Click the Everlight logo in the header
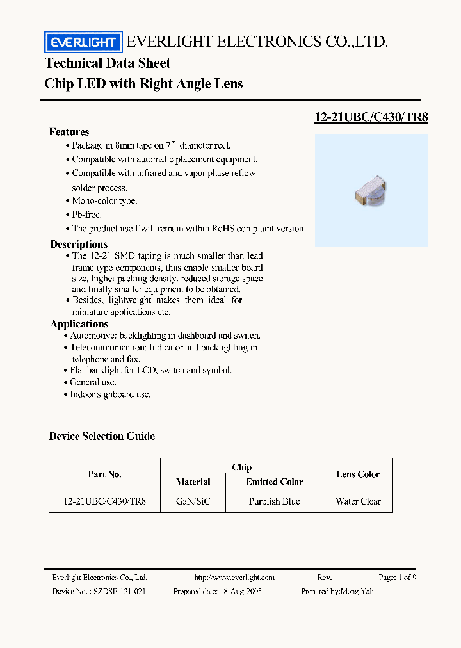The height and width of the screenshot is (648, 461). pyautogui.click(x=83, y=42)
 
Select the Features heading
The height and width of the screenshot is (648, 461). pyautogui.click(x=69, y=132)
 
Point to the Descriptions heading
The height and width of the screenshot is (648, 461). pyautogui.click(x=79, y=245)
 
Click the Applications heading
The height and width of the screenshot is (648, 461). pyautogui.click(x=79, y=324)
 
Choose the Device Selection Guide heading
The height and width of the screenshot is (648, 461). pyautogui.click(x=102, y=436)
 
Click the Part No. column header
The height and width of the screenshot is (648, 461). pyautogui.click(x=104, y=474)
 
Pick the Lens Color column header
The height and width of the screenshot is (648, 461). pyautogui.click(x=357, y=474)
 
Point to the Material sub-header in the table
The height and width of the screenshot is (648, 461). pyautogui.click(x=193, y=482)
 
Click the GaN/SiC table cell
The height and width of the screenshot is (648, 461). pyautogui.click(x=193, y=501)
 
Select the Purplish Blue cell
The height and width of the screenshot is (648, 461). pyautogui.click(x=274, y=501)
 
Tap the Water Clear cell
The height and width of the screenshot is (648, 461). pyautogui.click(x=357, y=501)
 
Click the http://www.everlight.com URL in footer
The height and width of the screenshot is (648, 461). pyautogui.click(x=234, y=578)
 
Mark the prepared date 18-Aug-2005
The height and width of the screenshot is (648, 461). pyautogui.click(x=239, y=592)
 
